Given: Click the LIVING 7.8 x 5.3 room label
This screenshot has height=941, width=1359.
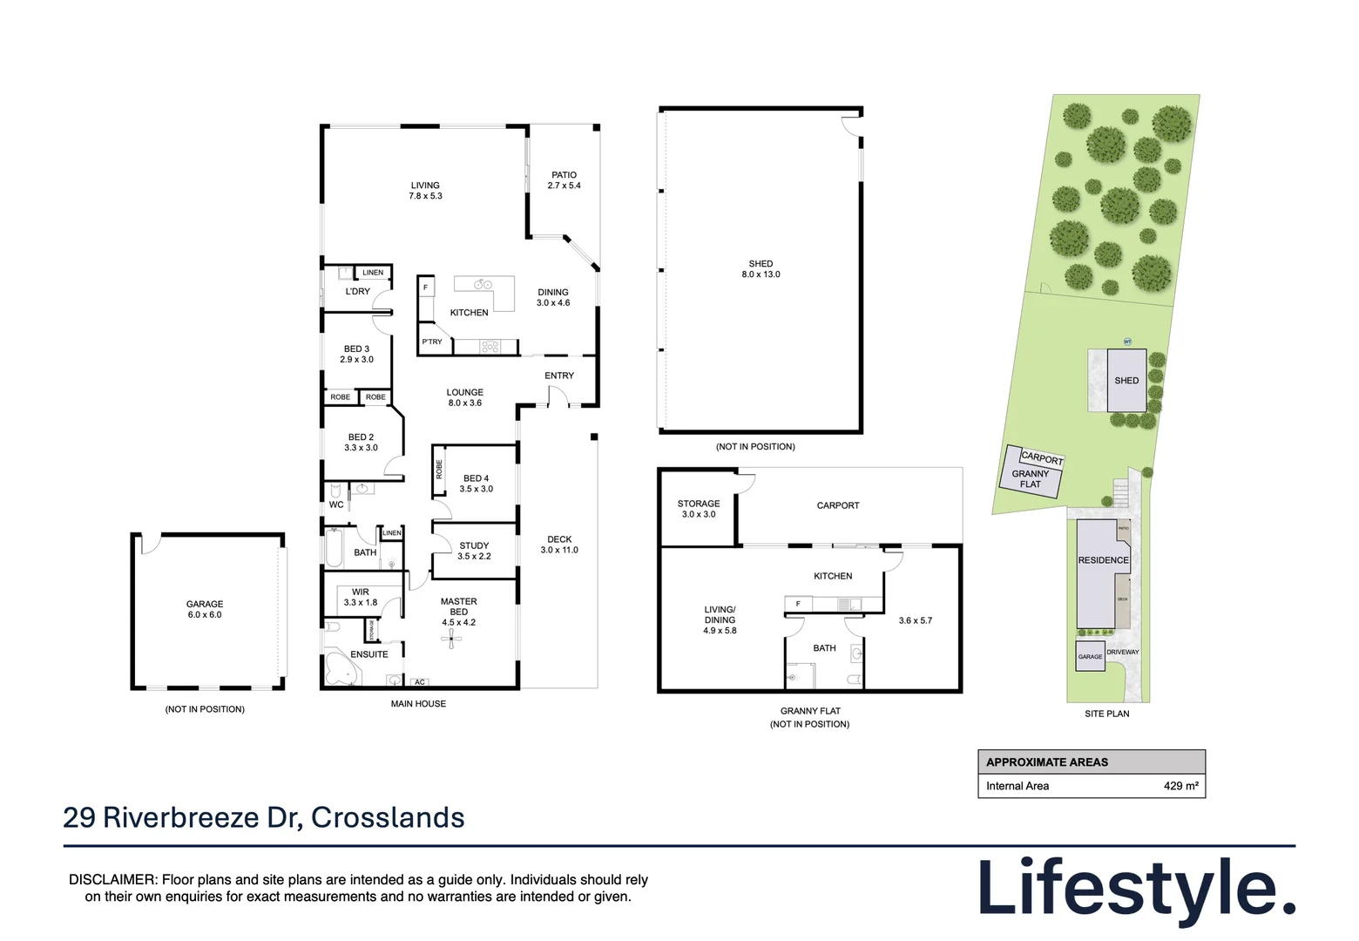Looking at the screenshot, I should (425, 191).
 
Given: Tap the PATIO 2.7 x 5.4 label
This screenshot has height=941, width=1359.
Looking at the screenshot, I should (564, 180).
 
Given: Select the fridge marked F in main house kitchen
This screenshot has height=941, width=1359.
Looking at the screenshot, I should (425, 287).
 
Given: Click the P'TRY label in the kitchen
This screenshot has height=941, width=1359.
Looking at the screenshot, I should (432, 342).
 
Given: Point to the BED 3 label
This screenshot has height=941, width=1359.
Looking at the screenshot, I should (356, 354).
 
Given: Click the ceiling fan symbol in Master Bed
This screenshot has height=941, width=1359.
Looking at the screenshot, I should (451, 640).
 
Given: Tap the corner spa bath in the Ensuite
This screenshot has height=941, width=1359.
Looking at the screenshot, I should (340, 670).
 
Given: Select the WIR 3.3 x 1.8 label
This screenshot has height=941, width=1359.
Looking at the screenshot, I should (361, 597).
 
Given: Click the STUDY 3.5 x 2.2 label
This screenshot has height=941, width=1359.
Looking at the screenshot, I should (474, 551).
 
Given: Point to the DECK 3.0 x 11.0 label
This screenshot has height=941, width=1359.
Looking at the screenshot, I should (559, 545).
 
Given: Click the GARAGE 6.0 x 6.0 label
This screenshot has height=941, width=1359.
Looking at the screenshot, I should (205, 609).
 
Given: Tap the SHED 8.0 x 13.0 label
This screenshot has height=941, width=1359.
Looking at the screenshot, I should (761, 268).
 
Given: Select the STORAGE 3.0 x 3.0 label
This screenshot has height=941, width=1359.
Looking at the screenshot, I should (699, 509).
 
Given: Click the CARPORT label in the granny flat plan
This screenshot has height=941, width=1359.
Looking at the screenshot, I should (838, 505).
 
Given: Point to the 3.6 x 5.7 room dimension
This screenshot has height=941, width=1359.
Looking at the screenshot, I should (915, 620).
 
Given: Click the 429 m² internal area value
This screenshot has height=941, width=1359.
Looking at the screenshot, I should (1180, 786).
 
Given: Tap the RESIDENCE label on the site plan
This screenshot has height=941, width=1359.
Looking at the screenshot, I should (1103, 560).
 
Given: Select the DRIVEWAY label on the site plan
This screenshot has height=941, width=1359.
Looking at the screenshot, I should (1123, 652).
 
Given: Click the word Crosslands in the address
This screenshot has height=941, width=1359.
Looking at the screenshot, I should (388, 817).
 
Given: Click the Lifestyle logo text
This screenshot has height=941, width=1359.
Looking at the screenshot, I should (1136, 889).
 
